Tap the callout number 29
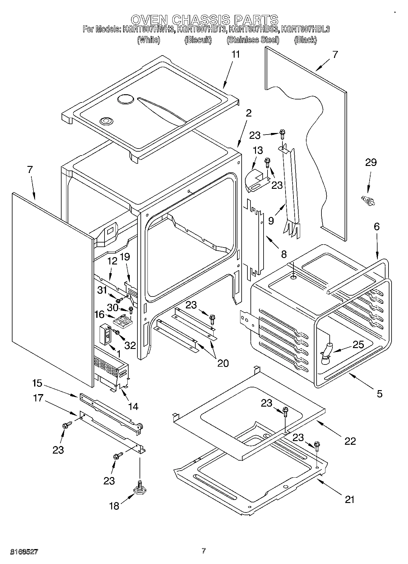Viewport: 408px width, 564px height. pyautogui.click(x=371, y=163)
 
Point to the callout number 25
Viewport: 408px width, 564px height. pyautogui.click(x=358, y=345)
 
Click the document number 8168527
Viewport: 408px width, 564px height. pyautogui.click(x=24, y=551)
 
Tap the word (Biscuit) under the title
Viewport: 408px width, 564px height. pyautogui.click(x=198, y=40)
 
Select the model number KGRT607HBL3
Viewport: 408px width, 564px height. pyautogui.click(x=305, y=29)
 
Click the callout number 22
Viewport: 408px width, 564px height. pyautogui.click(x=350, y=441)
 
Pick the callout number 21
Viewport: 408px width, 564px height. pyautogui.click(x=349, y=500)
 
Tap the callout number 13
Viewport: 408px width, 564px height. pyautogui.click(x=257, y=150)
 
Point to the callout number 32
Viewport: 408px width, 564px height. pyautogui.click(x=130, y=345)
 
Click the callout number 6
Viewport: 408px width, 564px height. pyautogui.click(x=377, y=226)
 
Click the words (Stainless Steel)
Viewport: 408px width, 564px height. pyautogui.click(x=253, y=40)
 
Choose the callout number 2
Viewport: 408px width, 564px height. pyautogui.click(x=249, y=113)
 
